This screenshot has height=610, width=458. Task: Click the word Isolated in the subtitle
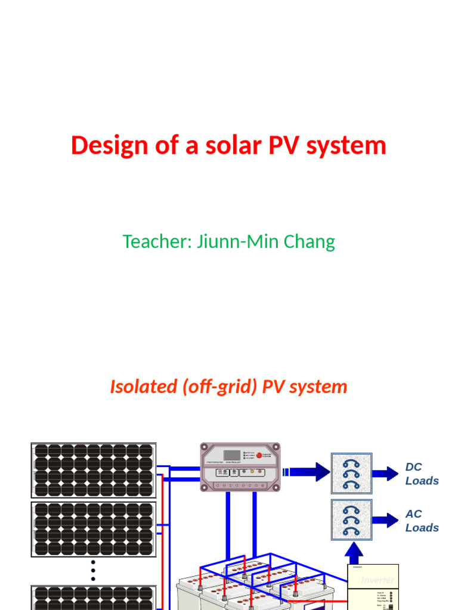[143, 387]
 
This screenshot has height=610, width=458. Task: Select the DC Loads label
[422, 474]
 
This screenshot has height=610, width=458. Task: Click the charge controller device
[240, 466]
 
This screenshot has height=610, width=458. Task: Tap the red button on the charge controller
[259, 455]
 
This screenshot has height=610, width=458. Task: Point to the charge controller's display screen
[232, 455]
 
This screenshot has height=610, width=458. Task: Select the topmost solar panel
[93, 470]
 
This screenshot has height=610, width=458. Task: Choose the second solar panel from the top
[93, 529]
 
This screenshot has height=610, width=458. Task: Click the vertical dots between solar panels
[93, 570]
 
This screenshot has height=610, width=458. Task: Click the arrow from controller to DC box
[307, 472]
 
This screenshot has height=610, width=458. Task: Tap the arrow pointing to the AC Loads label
[385, 520]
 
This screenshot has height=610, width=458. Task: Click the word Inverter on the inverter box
[377, 580]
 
